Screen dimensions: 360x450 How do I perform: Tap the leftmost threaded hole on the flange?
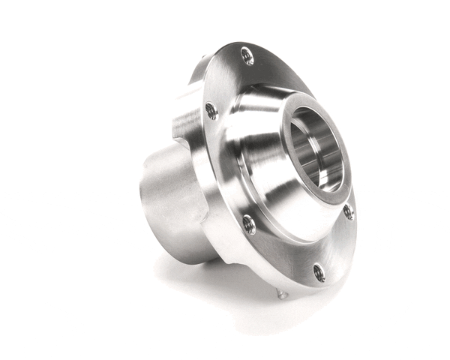click(211, 111)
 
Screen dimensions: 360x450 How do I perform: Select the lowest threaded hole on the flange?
click(319, 272)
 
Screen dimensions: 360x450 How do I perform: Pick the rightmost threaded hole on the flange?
click(348, 211)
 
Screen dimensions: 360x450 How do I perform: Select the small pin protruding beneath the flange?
click(281, 293)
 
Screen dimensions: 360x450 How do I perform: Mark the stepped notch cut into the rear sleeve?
click(184, 146)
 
